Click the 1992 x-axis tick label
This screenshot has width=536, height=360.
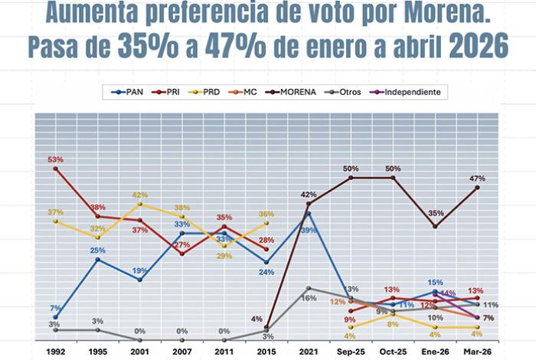(x=55, y=352)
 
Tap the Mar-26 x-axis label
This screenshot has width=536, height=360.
(x=477, y=352)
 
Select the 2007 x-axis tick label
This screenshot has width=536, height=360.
(x=181, y=352)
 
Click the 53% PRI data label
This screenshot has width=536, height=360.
(x=55, y=159)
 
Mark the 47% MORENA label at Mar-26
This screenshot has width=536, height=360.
(x=477, y=178)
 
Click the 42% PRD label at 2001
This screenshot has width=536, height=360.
(x=139, y=195)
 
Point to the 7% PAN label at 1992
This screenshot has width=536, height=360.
(x=55, y=308)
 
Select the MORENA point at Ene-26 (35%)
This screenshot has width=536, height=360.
(x=436, y=226)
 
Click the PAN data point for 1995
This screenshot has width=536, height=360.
(x=97, y=260)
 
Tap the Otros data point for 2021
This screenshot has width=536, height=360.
(x=309, y=289)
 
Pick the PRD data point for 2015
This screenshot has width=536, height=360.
(x=266, y=222)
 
